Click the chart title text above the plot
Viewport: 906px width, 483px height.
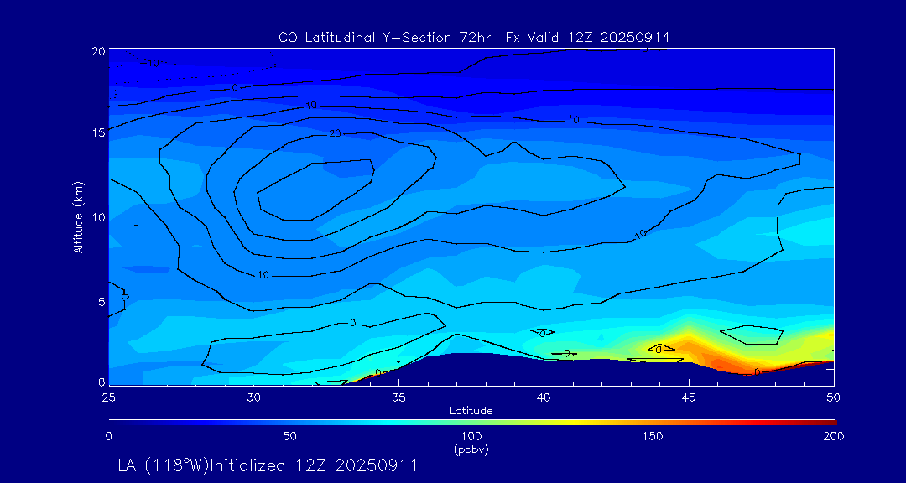[474, 37]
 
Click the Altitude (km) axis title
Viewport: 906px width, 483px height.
[78, 217]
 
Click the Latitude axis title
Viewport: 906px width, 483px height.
[470, 410]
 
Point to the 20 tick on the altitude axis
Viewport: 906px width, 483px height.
[98, 51]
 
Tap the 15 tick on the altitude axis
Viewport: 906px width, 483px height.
[98, 132]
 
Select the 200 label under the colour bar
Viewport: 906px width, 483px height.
[833, 436]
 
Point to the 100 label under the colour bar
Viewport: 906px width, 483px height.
[471, 436]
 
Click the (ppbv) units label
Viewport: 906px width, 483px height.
[471, 449]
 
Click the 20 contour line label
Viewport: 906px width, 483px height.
[335, 133]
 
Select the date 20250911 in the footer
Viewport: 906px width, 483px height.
[377, 465]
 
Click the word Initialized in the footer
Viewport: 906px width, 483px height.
[256, 465]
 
